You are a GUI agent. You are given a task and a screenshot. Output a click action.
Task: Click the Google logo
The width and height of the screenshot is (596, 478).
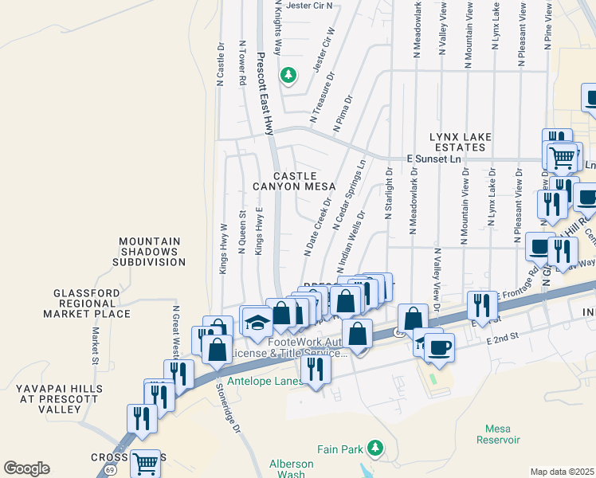tap(26, 468)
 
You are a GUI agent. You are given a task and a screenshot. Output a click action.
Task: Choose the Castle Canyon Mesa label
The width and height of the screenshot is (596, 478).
tap(295, 181)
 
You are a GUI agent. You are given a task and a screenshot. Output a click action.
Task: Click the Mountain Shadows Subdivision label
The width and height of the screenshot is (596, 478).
tap(151, 251)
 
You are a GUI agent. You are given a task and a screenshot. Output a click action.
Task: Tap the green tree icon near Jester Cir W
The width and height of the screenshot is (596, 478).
tap(288, 76)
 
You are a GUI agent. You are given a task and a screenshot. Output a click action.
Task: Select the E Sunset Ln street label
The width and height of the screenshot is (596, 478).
tap(434, 159)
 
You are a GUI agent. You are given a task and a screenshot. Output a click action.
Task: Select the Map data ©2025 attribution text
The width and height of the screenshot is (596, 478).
tap(561, 472)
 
